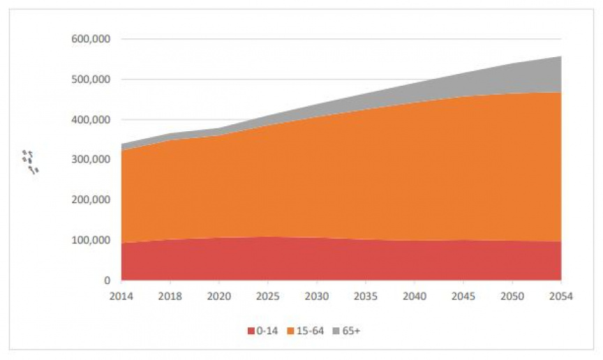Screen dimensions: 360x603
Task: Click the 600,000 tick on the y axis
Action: (x=91, y=39)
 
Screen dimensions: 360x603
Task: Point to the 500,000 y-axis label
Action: (x=91, y=80)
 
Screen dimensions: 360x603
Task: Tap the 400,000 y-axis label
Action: (x=91, y=120)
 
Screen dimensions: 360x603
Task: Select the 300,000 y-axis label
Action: (x=91, y=160)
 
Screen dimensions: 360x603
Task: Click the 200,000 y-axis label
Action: (x=91, y=200)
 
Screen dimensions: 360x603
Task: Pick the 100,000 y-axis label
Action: (x=91, y=241)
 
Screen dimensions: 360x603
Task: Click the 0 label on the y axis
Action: (x=107, y=280)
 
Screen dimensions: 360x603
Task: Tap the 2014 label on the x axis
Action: (x=122, y=296)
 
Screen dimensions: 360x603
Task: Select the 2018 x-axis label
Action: (x=171, y=296)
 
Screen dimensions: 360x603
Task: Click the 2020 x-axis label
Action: (x=220, y=296)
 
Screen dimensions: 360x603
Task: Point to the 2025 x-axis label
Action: (x=269, y=296)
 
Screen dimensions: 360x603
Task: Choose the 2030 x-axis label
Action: (x=318, y=296)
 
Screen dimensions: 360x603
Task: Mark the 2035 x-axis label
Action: (x=366, y=296)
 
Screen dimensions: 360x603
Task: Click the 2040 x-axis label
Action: (x=415, y=296)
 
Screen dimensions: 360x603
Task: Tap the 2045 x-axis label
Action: (x=464, y=296)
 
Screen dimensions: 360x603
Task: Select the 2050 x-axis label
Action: (x=513, y=296)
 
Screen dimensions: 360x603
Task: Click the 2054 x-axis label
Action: (x=561, y=296)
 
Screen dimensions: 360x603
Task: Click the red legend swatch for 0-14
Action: (x=251, y=331)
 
